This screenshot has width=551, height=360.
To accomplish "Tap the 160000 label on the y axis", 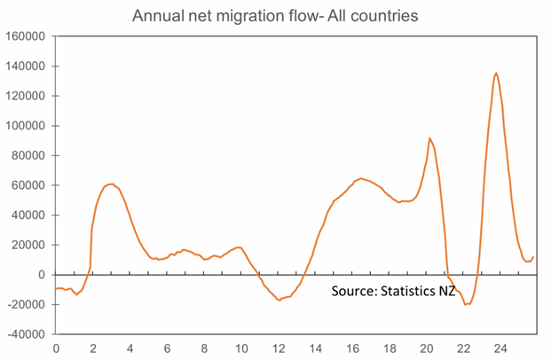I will [x=26, y=36].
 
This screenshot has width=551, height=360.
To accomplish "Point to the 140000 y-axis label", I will [x=26, y=67].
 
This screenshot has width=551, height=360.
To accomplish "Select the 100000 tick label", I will [x=26, y=126].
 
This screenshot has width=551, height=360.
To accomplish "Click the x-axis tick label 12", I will [x=279, y=348].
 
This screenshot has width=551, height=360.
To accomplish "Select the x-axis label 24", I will [x=500, y=348].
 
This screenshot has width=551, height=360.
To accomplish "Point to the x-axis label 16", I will [x=352, y=348].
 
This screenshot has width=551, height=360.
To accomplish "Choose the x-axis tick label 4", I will [x=130, y=348].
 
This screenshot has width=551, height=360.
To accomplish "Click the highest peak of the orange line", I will [x=496, y=73].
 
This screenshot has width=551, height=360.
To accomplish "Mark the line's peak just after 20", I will [x=429, y=138].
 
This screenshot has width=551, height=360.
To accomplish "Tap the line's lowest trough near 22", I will [x=467, y=304].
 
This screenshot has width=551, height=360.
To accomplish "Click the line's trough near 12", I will [x=279, y=300].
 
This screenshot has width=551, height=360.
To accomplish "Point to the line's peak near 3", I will [x=112, y=184].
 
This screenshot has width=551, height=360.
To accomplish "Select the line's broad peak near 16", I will [x=360, y=178].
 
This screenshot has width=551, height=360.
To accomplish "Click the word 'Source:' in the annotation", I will [x=356, y=291].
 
